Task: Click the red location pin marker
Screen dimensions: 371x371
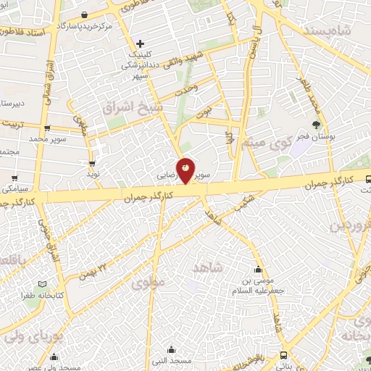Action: tap(186, 170)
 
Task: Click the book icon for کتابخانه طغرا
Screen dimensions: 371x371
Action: tap(42, 284)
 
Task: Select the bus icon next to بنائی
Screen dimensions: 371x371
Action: tap(283, 355)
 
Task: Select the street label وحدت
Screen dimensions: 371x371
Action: tap(185, 92)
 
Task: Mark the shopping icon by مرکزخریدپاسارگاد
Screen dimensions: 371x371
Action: tap(85, 14)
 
